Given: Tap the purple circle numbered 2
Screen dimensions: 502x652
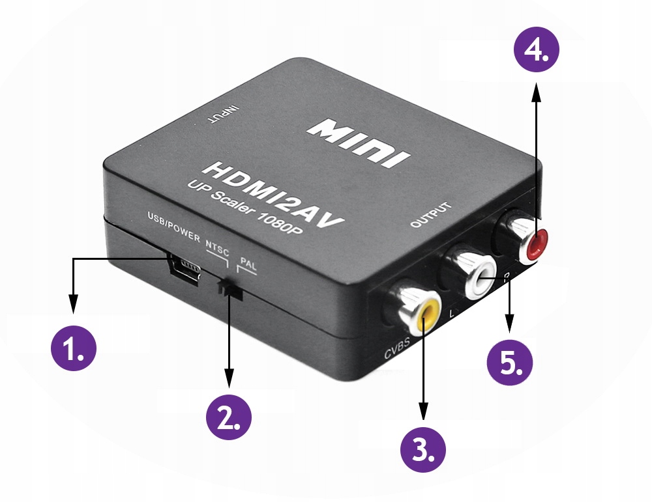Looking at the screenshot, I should click(x=229, y=414).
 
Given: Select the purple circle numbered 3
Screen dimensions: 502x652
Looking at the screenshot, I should click(x=423, y=449).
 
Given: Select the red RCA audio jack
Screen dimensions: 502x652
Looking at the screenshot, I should click(x=535, y=244).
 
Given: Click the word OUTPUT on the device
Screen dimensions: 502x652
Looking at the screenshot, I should click(x=431, y=216).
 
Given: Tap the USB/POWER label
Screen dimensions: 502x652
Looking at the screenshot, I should click(x=173, y=226).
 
